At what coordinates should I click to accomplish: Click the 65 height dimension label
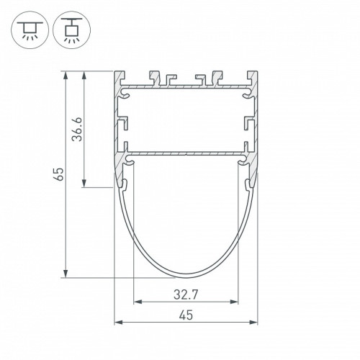tap(59, 174)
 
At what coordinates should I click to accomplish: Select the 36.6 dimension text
tap(78, 130)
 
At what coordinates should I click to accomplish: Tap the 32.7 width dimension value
tap(186, 294)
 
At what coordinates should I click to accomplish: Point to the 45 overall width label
tap(186, 315)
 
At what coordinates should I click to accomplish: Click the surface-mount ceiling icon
tap(30, 30)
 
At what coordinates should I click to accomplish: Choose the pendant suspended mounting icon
tap(72, 30)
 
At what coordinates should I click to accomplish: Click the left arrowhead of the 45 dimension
tap(118, 322)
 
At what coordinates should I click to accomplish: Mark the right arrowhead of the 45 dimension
tap(253, 322)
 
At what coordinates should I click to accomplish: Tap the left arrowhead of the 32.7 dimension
tap(138, 302)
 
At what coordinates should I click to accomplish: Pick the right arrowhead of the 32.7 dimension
tap(234, 302)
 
